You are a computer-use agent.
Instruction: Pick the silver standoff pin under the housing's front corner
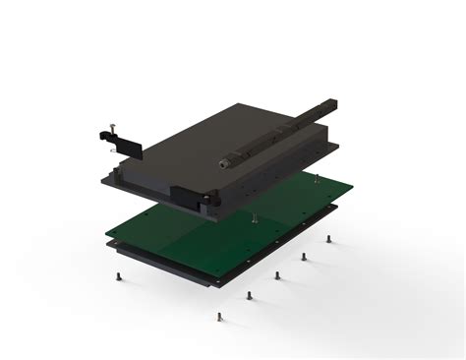pyautogui.click(x=253, y=217)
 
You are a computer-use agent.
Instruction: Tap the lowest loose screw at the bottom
pyautogui.click(x=219, y=317)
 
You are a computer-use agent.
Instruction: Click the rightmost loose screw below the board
pyautogui.click(x=328, y=239)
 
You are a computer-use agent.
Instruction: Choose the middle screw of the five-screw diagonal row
pyautogui.click(x=277, y=274)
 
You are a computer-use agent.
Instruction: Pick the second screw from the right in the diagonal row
pyautogui.click(x=303, y=257)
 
